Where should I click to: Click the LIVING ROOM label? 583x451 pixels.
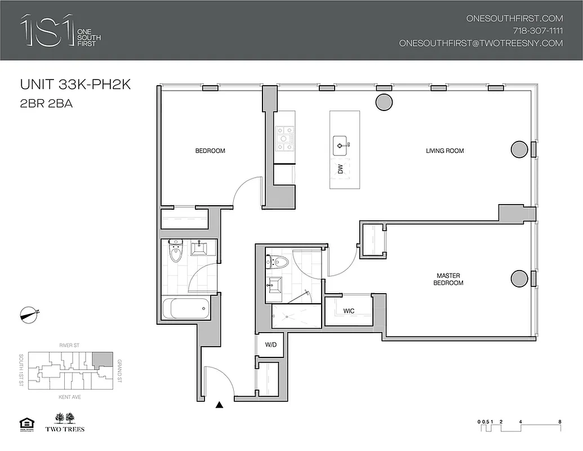[445, 151]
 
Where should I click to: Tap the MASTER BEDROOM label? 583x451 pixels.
[448, 279]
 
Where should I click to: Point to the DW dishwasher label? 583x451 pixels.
[340, 168]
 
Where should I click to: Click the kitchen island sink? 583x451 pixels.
[341, 145]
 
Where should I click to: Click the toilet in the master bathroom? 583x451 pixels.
[278, 262]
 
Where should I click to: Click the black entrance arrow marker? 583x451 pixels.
[220, 404]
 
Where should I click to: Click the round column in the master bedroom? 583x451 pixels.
[518, 278]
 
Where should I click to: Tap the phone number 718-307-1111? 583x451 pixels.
[537, 30]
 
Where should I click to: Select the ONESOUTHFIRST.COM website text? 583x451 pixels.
[514, 18]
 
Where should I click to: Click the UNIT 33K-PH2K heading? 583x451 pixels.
[75, 85]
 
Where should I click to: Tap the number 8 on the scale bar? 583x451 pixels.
[559, 422]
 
